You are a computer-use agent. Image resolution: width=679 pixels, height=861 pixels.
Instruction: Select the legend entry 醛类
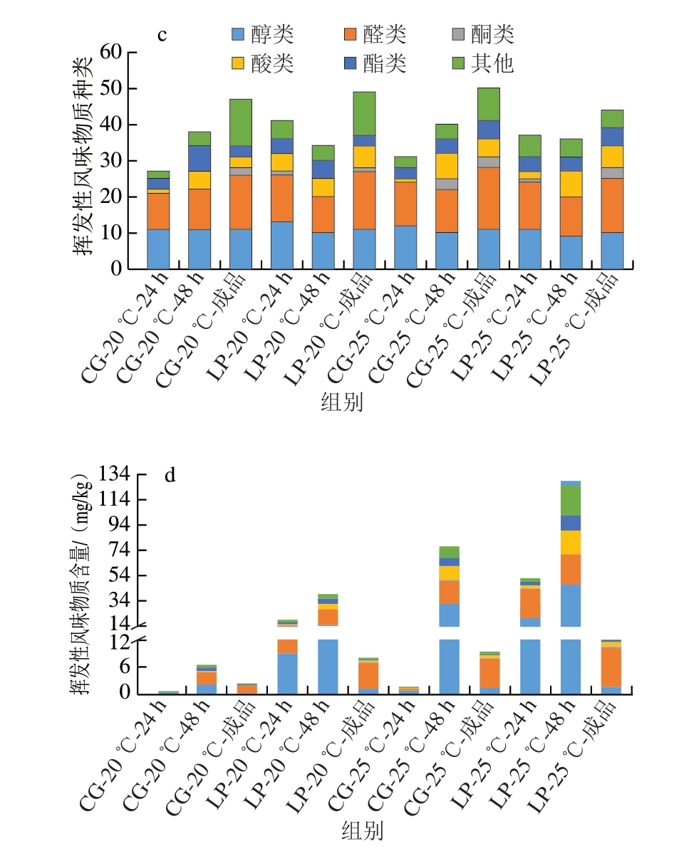(375, 34)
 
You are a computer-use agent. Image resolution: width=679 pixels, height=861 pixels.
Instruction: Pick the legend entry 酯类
(375, 64)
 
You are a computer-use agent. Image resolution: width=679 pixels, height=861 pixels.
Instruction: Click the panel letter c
(162, 35)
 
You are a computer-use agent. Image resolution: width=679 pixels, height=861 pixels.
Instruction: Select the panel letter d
(170, 476)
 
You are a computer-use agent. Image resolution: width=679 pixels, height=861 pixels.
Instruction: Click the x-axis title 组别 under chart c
(342, 402)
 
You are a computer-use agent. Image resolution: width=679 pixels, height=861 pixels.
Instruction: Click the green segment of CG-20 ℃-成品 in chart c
(240, 122)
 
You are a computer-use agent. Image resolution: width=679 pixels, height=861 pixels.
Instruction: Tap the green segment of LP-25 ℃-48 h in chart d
(570, 500)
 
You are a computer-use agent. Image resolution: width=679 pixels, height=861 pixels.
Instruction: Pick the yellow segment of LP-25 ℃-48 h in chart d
(570, 542)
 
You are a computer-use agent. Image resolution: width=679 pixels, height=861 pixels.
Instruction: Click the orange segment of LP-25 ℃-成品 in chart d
(611, 667)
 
